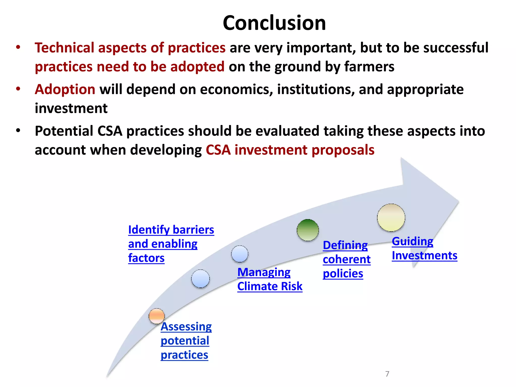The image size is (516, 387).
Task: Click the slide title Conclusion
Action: (x=274, y=23)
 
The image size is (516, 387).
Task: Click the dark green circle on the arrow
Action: (x=308, y=230)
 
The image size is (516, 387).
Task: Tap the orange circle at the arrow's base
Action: (x=156, y=316)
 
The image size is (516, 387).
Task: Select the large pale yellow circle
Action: (x=391, y=218)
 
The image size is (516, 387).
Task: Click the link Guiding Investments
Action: (x=424, y=248)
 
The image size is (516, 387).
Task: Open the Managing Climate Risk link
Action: (x=270, y=279)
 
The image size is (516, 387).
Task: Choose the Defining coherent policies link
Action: (x=346, y=259)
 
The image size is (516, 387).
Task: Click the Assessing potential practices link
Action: (x=186, y=340)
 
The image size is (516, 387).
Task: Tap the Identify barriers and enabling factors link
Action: (x=171, y=244)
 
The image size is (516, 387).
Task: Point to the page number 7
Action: (x=387, y=374)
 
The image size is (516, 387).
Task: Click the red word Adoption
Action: (x=65, y=89)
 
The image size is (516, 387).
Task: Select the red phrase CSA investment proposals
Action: (x=290, y=150)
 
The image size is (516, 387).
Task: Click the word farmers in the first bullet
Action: (x=369, y=67)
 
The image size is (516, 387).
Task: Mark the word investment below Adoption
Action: (x=71, y=108)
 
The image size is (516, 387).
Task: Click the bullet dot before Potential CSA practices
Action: (x=18, y=131)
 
